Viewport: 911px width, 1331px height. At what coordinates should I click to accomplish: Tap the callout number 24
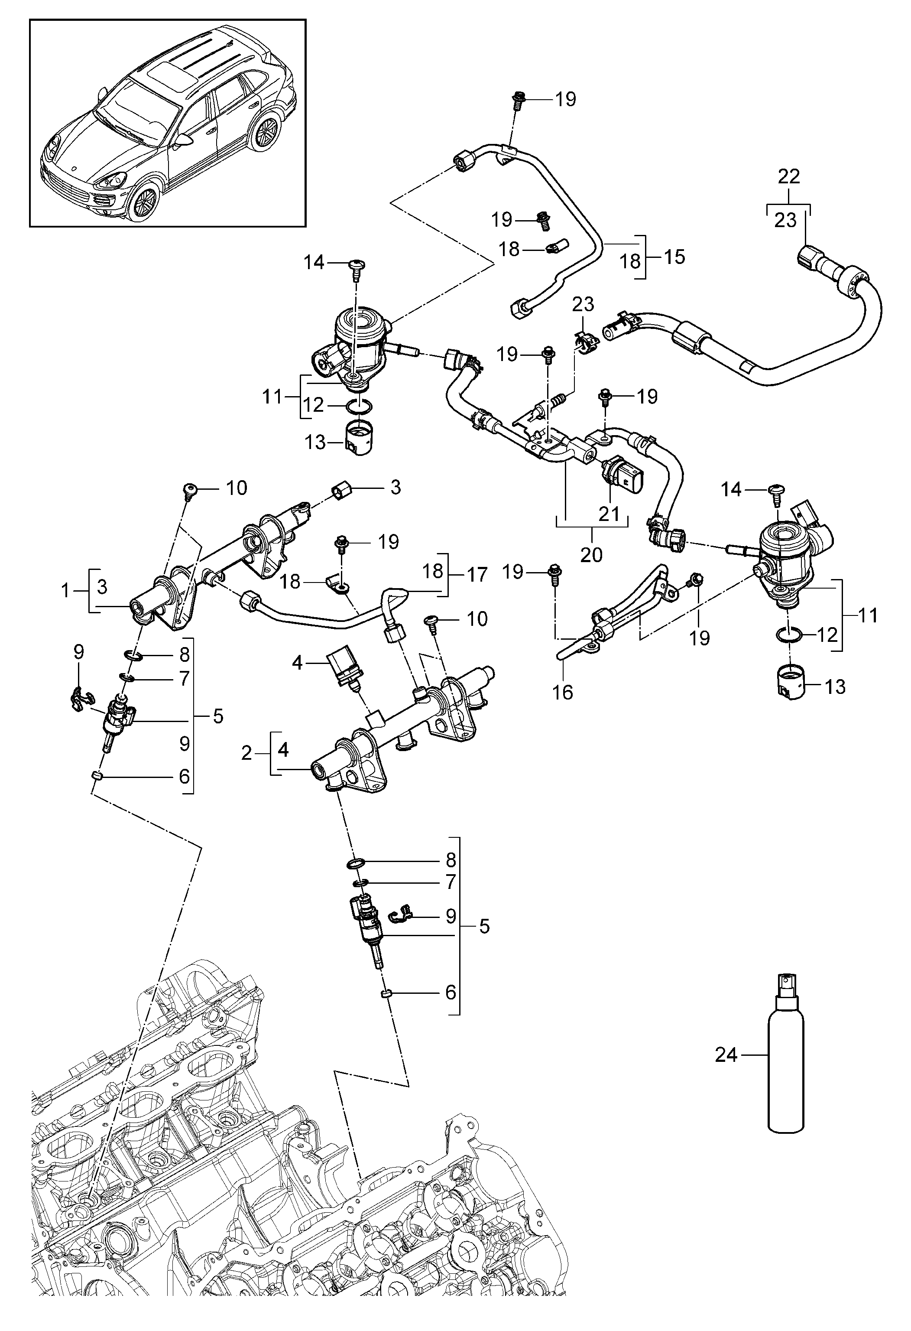pos(726,1054)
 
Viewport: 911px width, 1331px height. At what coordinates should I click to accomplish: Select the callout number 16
pos(562,693)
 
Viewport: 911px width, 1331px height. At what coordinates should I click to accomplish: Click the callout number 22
pos(788,176)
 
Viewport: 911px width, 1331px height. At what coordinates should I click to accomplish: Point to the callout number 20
pos(591,554)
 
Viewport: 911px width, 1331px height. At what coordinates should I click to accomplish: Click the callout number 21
pos(609,513)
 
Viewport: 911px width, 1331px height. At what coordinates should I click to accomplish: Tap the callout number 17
pos(477,574)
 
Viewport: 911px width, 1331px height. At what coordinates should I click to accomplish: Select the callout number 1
pos(65,590)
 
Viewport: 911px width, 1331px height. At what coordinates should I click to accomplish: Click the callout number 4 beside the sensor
pos(297,663)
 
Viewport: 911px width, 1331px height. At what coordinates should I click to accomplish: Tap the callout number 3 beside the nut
pos(395,488)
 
